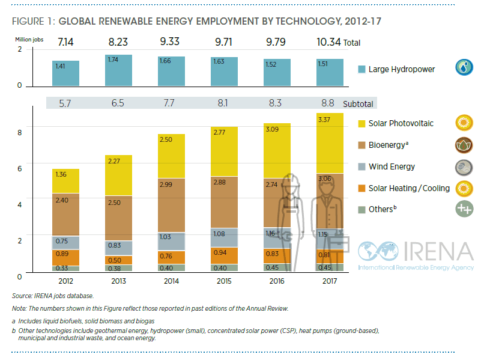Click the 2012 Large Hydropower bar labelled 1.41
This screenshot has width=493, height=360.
[x=66, y=73]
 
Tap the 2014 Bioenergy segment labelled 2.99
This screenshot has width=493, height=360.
[x=171, y=205]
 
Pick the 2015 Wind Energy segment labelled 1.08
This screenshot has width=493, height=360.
[x=225, y=237]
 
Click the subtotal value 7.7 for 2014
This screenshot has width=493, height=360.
[x=171, y=104]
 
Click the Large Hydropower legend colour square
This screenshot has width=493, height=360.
[x=361, y=69]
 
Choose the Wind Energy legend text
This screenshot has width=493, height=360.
[x=392, y=166]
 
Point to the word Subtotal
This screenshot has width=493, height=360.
[x=358, y=104]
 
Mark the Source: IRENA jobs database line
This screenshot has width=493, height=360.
[x=53, y=296]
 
